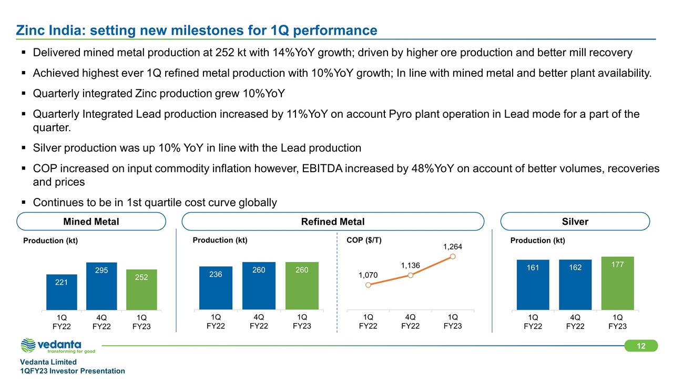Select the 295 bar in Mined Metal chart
tap(102, 286)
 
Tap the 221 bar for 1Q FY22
tap(62, 292)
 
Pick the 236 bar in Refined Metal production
tap(216, 288)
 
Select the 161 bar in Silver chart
tap(533, 285)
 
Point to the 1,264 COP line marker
tap(453, 256)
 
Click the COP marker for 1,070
tap(368, 285)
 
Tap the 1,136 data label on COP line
tap(410, 266)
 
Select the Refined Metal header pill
tap(332, 222)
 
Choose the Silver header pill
tap(575, 222)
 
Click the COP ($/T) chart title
tap(364, 240)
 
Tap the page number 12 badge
tap(641, 346)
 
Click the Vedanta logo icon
tap(29, 346)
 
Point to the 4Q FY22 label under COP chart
tap(411, 321)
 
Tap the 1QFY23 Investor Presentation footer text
tap(73, 371)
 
